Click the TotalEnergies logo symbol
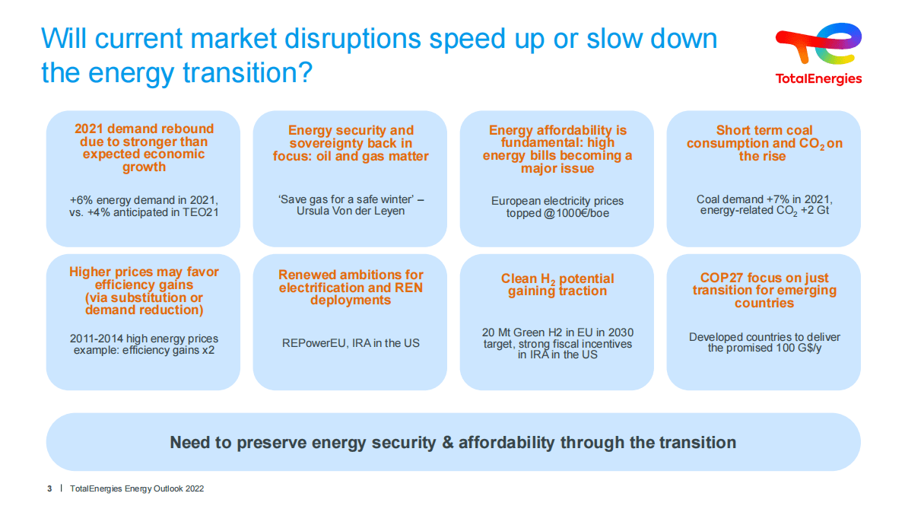(818, 46)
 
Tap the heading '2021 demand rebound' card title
(144, 129)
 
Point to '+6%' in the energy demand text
(82, 199)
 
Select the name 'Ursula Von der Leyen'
(351, 211)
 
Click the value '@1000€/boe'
(577, 214)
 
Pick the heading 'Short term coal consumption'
(764, 137)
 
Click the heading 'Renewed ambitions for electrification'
(351, 281)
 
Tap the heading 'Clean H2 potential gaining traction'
(557, 285)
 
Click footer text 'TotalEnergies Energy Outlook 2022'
(137, 488)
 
